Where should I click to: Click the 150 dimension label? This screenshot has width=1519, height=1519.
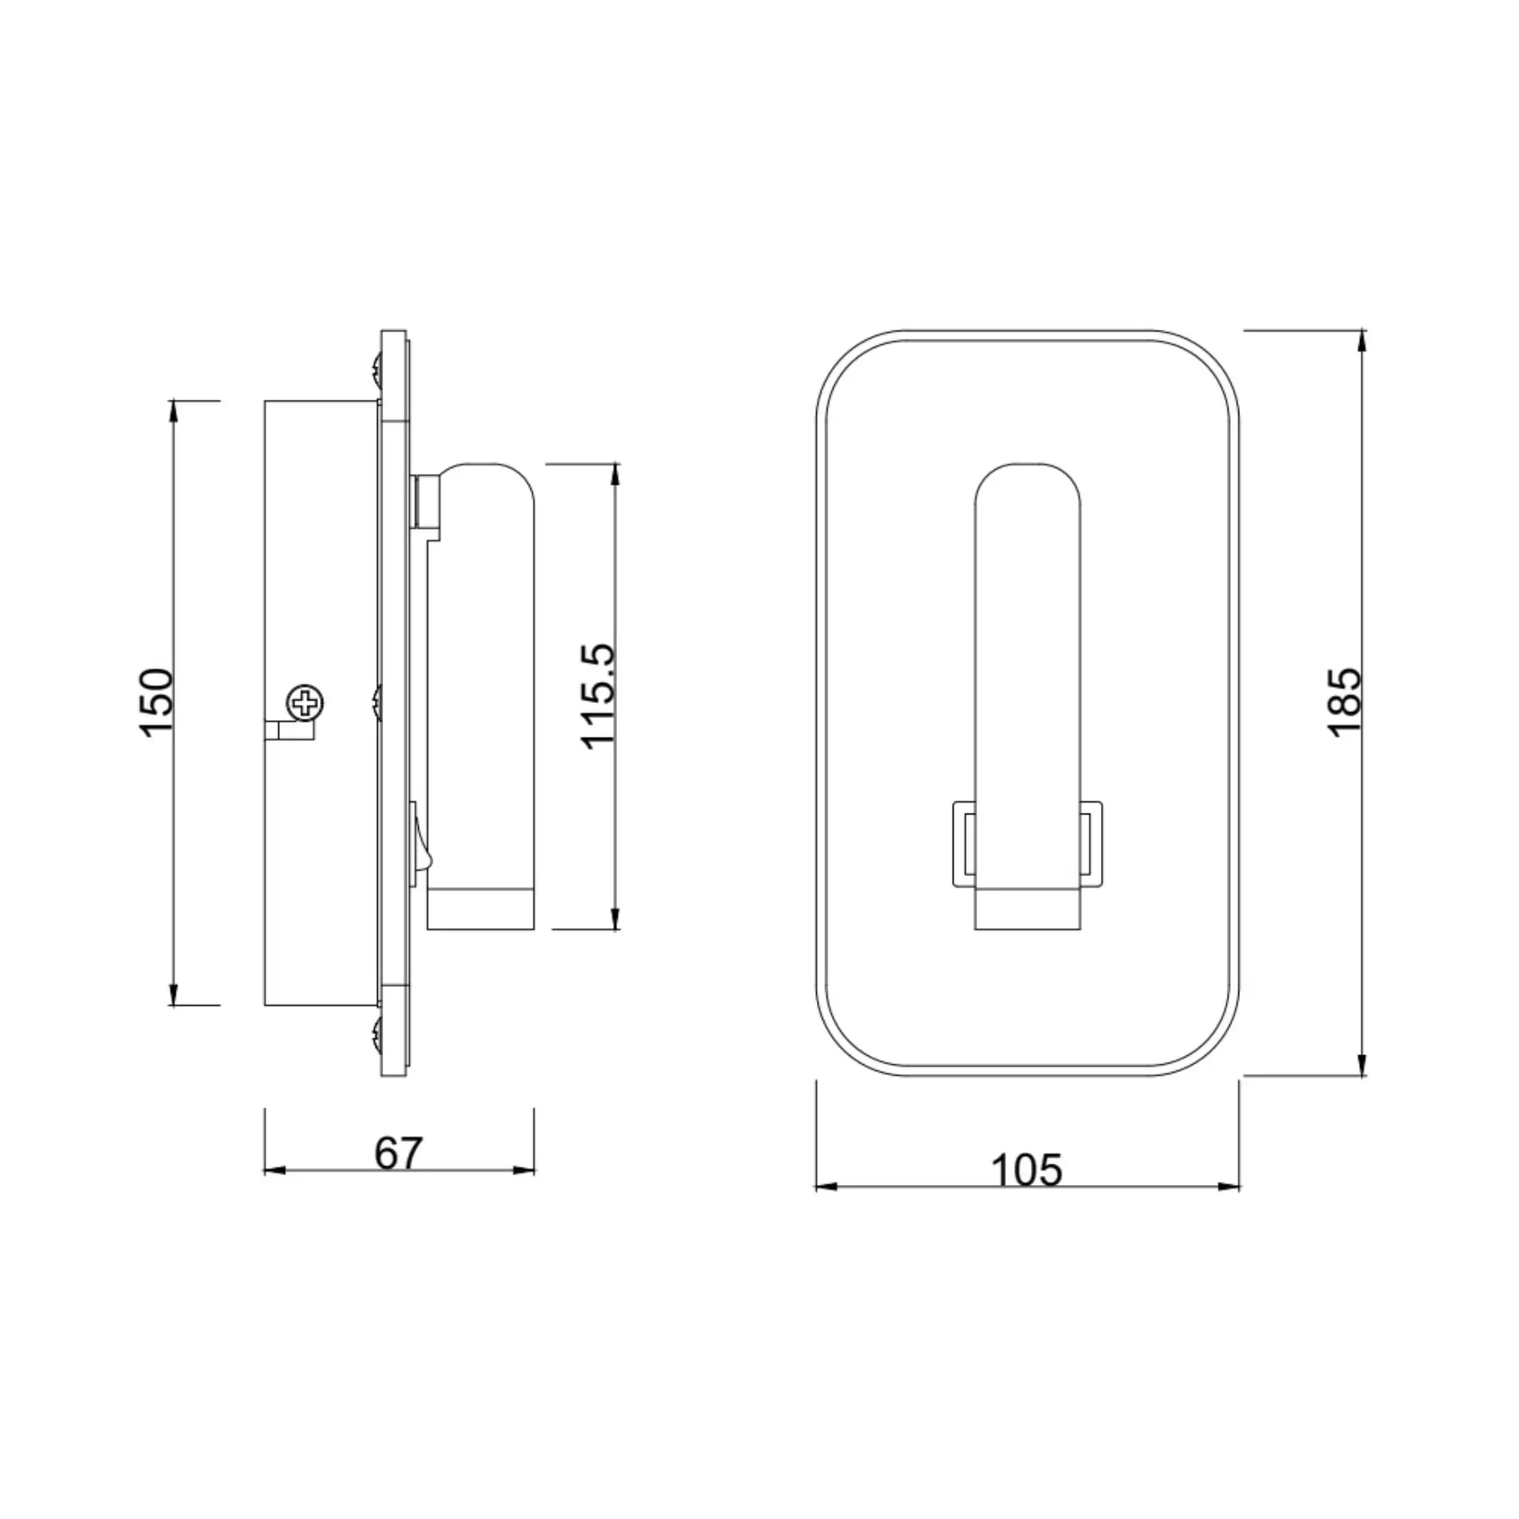pyautogui.click(x=156, y=701)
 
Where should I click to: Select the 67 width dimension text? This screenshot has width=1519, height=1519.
pyautogui.click(x=398, y=1153)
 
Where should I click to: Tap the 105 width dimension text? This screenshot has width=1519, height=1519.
pyautogui.click(x=1026, y=1170)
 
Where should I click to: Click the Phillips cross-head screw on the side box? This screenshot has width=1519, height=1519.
pyautogui.click(x=305, y=704)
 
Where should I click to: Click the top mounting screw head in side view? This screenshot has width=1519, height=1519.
pyautogui.click(x=376, y=366)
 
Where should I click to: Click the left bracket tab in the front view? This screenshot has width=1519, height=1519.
pyautogui.click(x=964, y=842)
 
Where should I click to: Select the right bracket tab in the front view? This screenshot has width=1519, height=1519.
pyautogui.click(x=1091, y=842)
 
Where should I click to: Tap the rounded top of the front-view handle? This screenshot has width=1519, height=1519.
pyautogui.click(x=1027, y=487)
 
